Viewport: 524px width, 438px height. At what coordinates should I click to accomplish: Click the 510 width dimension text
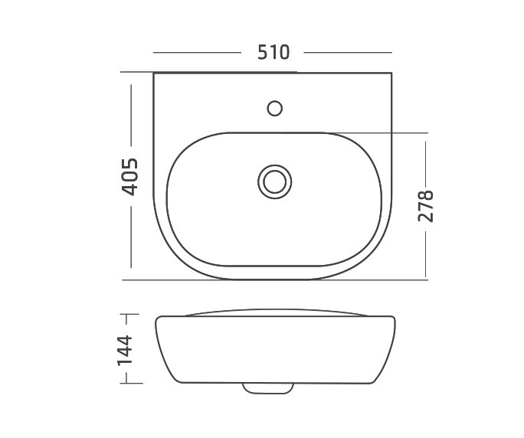pos(273,52)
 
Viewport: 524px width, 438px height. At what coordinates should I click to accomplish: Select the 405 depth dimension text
pos(129,176)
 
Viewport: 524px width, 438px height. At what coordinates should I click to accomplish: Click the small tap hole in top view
pos(275,106)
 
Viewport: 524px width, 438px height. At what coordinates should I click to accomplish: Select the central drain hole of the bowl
pos(273,181)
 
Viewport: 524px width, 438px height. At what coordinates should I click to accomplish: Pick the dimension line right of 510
pos(348,52)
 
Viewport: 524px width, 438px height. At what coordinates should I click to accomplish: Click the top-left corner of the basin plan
pos(155,74)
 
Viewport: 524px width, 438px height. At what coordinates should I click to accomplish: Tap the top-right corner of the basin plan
pos(392,74)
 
